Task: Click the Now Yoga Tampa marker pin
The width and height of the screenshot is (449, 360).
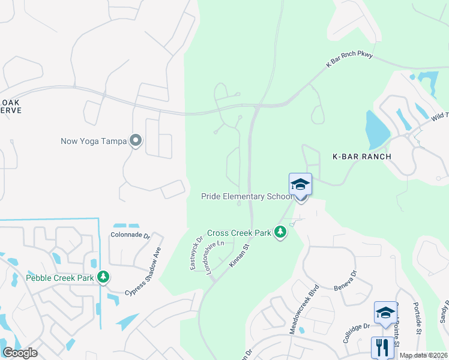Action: (136, 141)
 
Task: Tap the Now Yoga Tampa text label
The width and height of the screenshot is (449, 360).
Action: (94, 142)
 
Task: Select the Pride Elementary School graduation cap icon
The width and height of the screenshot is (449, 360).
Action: (300, 184)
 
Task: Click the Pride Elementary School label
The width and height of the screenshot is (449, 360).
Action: (246, 197)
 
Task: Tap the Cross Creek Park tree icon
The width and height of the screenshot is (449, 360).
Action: (280, 232)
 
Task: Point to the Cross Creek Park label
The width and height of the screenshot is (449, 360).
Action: (239, 232)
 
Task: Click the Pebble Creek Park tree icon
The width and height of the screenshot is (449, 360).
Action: (104, 277)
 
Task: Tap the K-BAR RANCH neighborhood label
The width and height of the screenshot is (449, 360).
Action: (362, 157)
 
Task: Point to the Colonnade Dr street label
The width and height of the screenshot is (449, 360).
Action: (130, 235)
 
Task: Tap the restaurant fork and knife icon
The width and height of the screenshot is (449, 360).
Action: (382, 347)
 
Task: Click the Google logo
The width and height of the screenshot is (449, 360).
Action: (20, 353)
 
